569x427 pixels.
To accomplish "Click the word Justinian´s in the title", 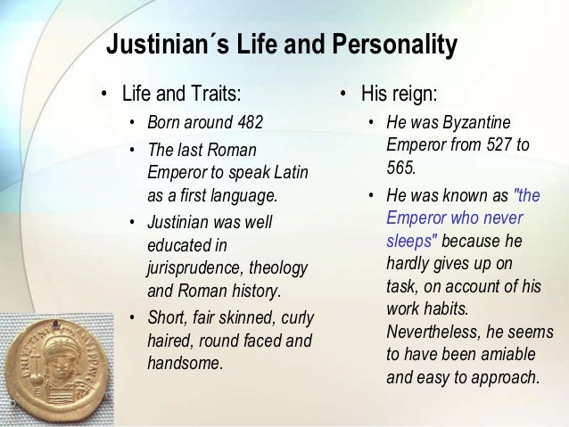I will pos(157,45).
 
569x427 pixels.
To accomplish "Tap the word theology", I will pos(279,267).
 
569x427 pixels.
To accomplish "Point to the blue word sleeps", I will pos(410,241).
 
